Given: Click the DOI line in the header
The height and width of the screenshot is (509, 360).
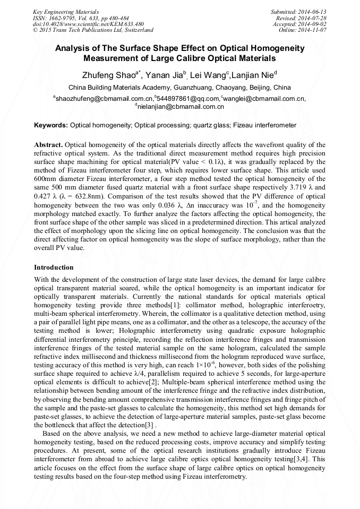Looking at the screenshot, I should coord(88,24).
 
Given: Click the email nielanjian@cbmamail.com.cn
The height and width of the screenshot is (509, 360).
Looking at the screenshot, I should coord(181,107).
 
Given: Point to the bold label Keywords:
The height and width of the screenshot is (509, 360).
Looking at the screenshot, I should coord(51,125).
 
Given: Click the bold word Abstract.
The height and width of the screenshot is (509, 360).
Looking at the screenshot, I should coord(48,145).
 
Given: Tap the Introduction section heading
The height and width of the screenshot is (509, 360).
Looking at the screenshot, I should coord(54,267).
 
